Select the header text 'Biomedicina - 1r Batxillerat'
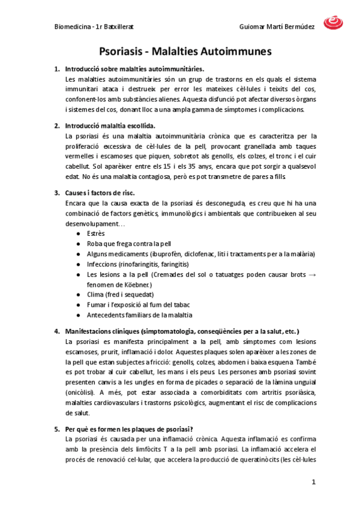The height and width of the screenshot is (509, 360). coord(94,27)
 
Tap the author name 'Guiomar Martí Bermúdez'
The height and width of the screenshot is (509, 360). coord(277,27)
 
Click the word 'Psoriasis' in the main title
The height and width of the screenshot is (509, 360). coord(124,52)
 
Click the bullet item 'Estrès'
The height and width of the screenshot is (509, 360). coord(96,233)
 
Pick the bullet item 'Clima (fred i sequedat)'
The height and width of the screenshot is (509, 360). coord(120,295)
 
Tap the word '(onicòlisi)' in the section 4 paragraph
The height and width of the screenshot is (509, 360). coord(81,393)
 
